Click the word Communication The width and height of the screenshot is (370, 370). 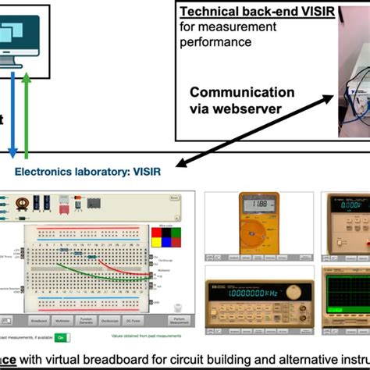click(x=242, y=92)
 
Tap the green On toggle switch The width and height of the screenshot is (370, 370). click(x=61, y=338)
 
